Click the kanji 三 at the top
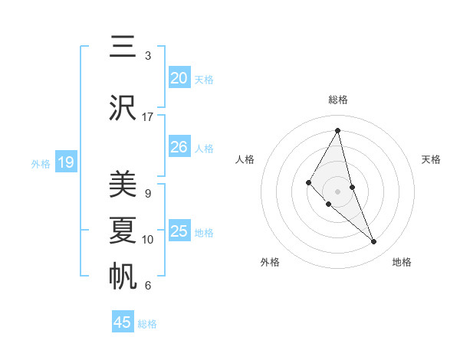click(123, 46)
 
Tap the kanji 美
click(123, 185)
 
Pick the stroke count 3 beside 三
click(148, 55)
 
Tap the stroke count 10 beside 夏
click(148, 240)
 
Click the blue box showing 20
click(179, 77)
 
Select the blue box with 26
click(179, 146)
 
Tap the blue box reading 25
click(179, 231)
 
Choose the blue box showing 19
click(66, 162)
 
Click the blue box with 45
click(123, 322)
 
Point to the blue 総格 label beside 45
click(147, 324)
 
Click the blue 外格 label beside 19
click(41, 163)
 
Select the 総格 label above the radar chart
click(338, 100)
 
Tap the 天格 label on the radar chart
click(432, 159)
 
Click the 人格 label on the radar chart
click(245, 159)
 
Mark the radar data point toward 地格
click(374, 242)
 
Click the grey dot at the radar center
click(338, 191)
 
